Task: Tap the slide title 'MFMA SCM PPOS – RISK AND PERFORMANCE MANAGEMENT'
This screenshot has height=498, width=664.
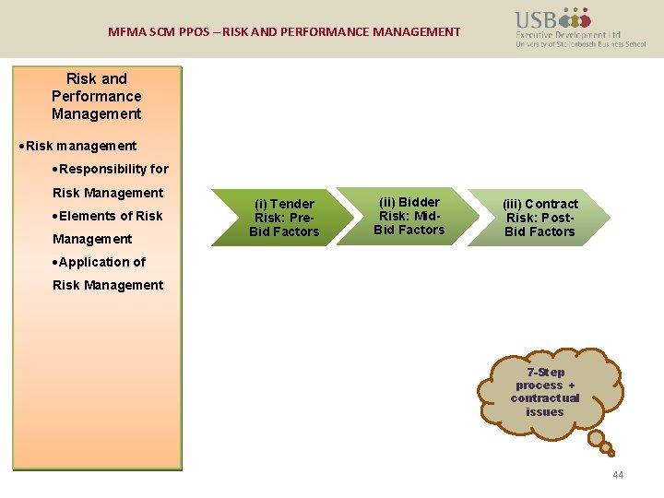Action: [x=284, y=31]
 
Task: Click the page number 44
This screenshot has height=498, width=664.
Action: [x=617, y=475]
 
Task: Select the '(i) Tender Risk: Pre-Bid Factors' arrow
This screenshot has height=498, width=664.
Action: [x=282, y=218]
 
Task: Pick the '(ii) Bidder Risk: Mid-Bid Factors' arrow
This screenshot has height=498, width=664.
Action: [x=409, y=216]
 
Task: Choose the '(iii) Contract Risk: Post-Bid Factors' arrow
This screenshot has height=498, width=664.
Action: [x=539, y=218]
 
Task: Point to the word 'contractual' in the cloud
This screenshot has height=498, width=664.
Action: [x=545, y=398]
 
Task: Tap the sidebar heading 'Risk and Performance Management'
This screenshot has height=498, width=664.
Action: [x=97, y=96]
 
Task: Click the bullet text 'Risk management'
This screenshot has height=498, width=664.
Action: [x=81, y=146]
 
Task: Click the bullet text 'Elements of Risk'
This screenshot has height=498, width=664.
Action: [x=110, y=216]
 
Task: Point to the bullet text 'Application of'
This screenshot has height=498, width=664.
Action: [x=101, y=262]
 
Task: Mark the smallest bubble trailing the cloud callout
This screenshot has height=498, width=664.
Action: [x=610, y=452]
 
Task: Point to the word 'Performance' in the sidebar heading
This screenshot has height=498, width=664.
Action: [x=97, y=96]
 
